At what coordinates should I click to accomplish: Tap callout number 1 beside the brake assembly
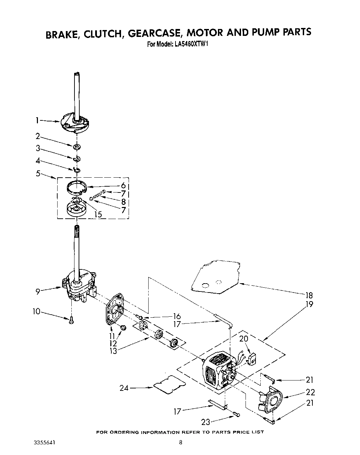37,120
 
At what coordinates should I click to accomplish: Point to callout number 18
309,295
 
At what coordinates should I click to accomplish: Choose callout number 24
124,388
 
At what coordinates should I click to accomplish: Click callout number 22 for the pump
310,392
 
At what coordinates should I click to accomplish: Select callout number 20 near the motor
244,339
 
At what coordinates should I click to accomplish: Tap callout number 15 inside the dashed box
98,215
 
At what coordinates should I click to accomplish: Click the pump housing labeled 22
271,401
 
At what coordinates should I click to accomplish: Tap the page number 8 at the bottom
180,442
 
